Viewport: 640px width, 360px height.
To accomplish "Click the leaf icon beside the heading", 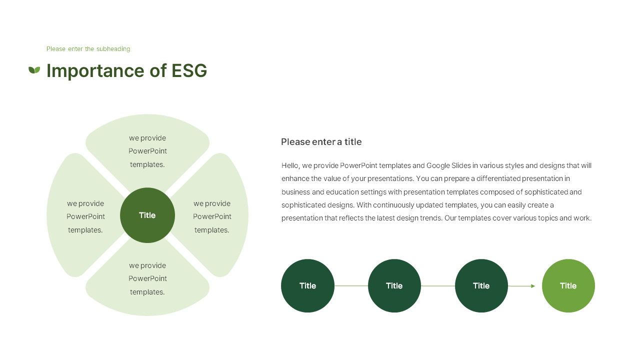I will tap(34, 70).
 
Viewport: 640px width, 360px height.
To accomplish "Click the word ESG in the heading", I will tap(189, 71).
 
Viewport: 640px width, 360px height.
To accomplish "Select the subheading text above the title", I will tap(88, 49).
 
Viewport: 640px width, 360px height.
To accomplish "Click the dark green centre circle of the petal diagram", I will tap(147, 215).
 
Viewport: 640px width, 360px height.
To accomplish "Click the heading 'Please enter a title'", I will tap(321, 142).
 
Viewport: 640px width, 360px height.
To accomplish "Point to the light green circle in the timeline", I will tap(568, 286).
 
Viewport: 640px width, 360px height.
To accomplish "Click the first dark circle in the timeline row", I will tap(307, 286).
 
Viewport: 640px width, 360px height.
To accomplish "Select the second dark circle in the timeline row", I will tap(394, 286).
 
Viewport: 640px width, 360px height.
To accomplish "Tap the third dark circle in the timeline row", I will tap(481, 286).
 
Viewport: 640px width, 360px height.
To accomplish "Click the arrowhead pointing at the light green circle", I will tap(533, 286).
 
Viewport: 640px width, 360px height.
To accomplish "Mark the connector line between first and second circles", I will tap(351, 286).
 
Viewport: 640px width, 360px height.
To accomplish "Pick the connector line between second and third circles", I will tap(438, 286).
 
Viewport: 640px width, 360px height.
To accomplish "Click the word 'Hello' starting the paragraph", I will tap(290, 165).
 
